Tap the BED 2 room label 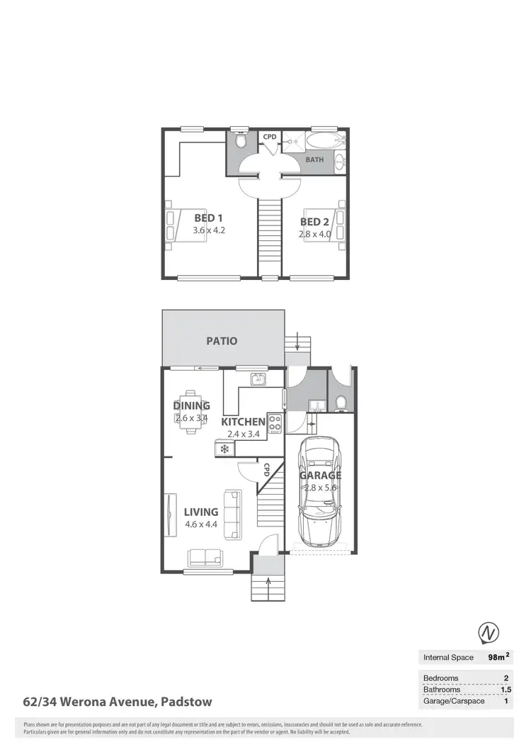315,222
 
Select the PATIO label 222,341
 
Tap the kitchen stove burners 275,423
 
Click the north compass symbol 488,632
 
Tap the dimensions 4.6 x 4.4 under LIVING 200,524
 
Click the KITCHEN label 244,422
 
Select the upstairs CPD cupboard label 270,137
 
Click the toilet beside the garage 341,403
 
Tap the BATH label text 314,159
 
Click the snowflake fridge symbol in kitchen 225,449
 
